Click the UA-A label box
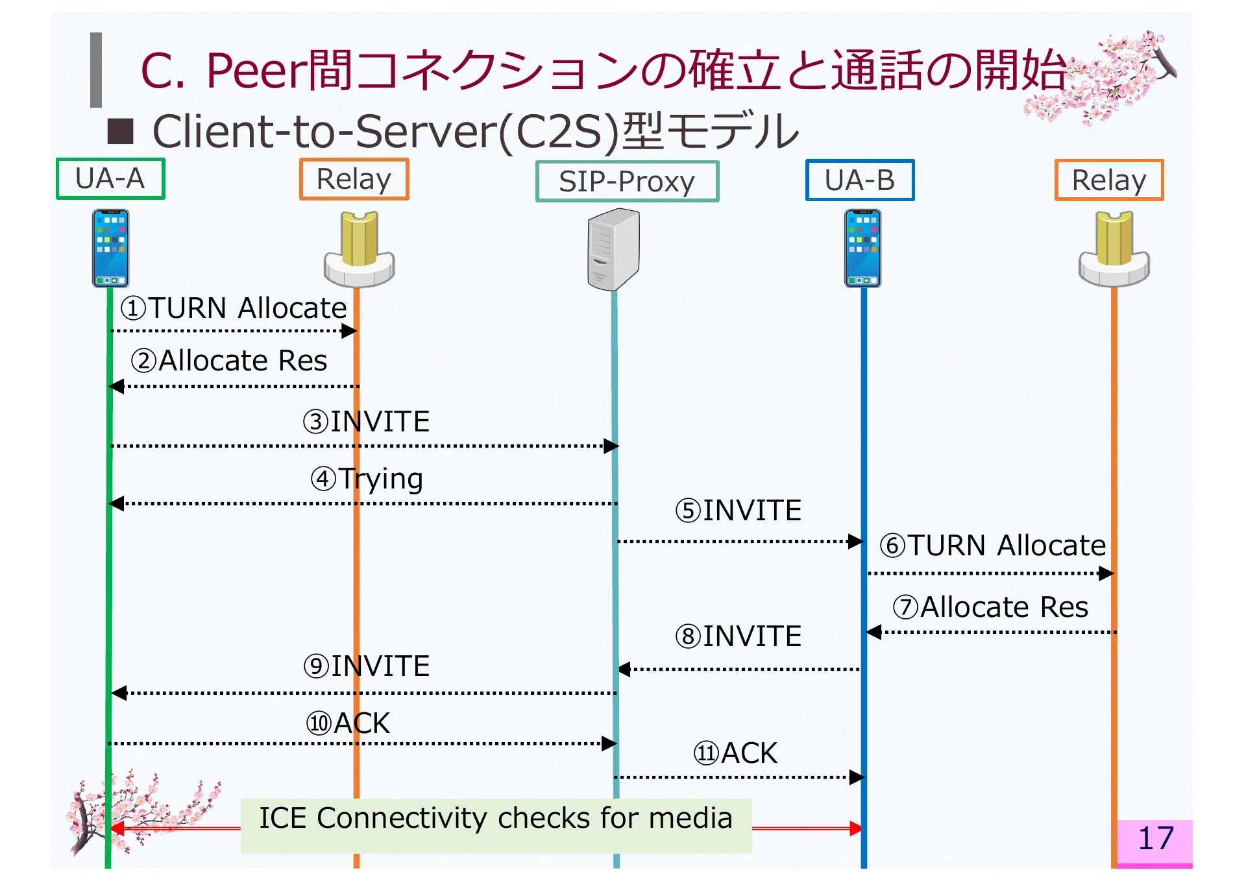(110, 179)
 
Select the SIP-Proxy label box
(627, 182)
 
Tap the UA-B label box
(859, 180)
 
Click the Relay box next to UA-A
(354, 179)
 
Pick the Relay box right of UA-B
(1108, 180)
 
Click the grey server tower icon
(613, 249)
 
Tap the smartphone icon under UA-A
(110, 248)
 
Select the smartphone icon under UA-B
(862, 248)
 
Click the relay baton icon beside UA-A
(359, 249)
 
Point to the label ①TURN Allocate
(234, 308)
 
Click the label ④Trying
(367, 479)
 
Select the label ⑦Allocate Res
(990, 608)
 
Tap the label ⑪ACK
(735, 754)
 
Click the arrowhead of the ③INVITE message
(611, 446)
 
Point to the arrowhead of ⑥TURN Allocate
(1106, 573)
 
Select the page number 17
(1155, 839)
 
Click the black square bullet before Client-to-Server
(121, 132)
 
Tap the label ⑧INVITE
(739, 637)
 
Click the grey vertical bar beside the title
(96, 70)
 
